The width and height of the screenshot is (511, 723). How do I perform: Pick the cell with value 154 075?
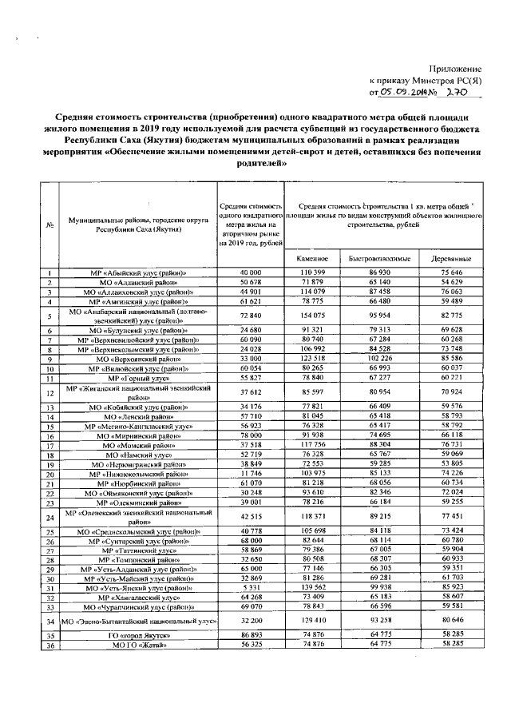point(313,316)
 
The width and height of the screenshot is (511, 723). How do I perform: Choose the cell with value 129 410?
point(313,620)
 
